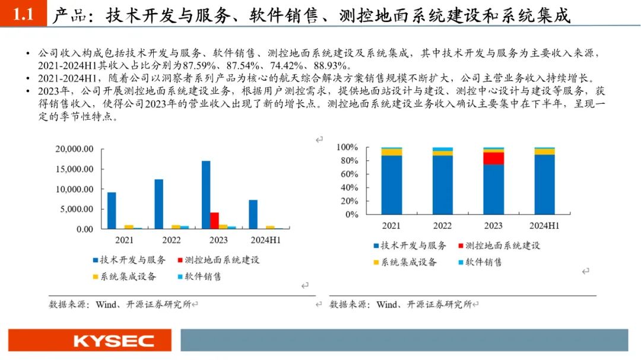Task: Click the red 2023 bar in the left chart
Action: [x=214, y=220]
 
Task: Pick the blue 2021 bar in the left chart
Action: [x=112, y=210]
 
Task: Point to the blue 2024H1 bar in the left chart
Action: [x=253, y=214]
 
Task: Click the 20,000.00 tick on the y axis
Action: [x=74, y=149]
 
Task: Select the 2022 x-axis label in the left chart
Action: [x=172, y=240]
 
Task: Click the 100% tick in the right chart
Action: [x=347, y=147]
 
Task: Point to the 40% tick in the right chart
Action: [x=350, y=187]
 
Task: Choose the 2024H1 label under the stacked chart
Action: [x=544, y=226]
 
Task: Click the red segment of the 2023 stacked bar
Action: [x=493, y=158]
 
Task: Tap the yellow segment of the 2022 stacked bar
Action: [x=442, y=153]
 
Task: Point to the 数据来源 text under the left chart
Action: [x=69, y=304]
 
